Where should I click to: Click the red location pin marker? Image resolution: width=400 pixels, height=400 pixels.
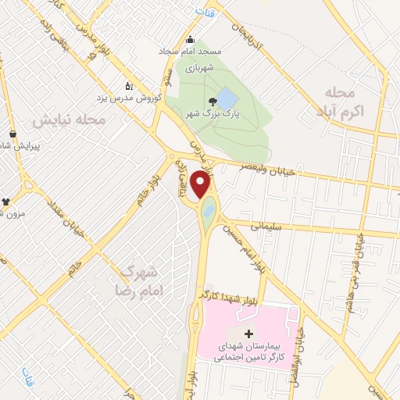[201, 185]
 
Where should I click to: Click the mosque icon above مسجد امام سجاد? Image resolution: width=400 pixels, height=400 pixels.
[189, 41]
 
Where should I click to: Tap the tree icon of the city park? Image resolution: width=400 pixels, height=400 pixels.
[212, 101]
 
